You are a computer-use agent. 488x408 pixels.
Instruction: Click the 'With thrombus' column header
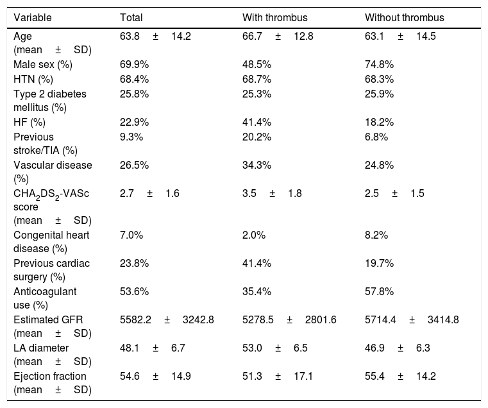point(275,17)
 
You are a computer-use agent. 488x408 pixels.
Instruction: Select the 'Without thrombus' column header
point(404,17)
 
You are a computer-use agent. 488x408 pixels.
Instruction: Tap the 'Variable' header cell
point(32,17)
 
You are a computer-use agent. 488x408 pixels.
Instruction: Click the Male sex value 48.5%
point(257,64)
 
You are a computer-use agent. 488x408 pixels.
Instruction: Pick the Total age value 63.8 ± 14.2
point(155,36)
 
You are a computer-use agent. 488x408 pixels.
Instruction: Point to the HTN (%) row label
point(33,79)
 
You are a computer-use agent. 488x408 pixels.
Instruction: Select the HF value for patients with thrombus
point(257,122)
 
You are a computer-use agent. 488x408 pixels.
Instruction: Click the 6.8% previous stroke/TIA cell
point(376,137)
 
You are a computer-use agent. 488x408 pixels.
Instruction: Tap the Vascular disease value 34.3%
point(257,165)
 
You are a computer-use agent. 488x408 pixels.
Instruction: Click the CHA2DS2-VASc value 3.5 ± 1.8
point(272,193)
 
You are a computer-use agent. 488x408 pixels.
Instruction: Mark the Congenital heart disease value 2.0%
point(254,235)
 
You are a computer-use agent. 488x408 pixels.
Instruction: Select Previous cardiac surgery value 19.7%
point(379,264)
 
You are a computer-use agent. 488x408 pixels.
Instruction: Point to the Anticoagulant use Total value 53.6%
point(135,291)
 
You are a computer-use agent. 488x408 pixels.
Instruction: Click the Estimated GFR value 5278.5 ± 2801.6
point(289,320)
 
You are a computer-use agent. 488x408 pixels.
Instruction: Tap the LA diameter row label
point(53,355)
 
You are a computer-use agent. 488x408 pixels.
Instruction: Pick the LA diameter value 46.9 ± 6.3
point(398,348)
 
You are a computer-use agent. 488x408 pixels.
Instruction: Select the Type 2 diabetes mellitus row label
point(50,101)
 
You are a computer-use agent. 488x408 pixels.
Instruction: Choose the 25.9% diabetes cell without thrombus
point(379,94)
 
